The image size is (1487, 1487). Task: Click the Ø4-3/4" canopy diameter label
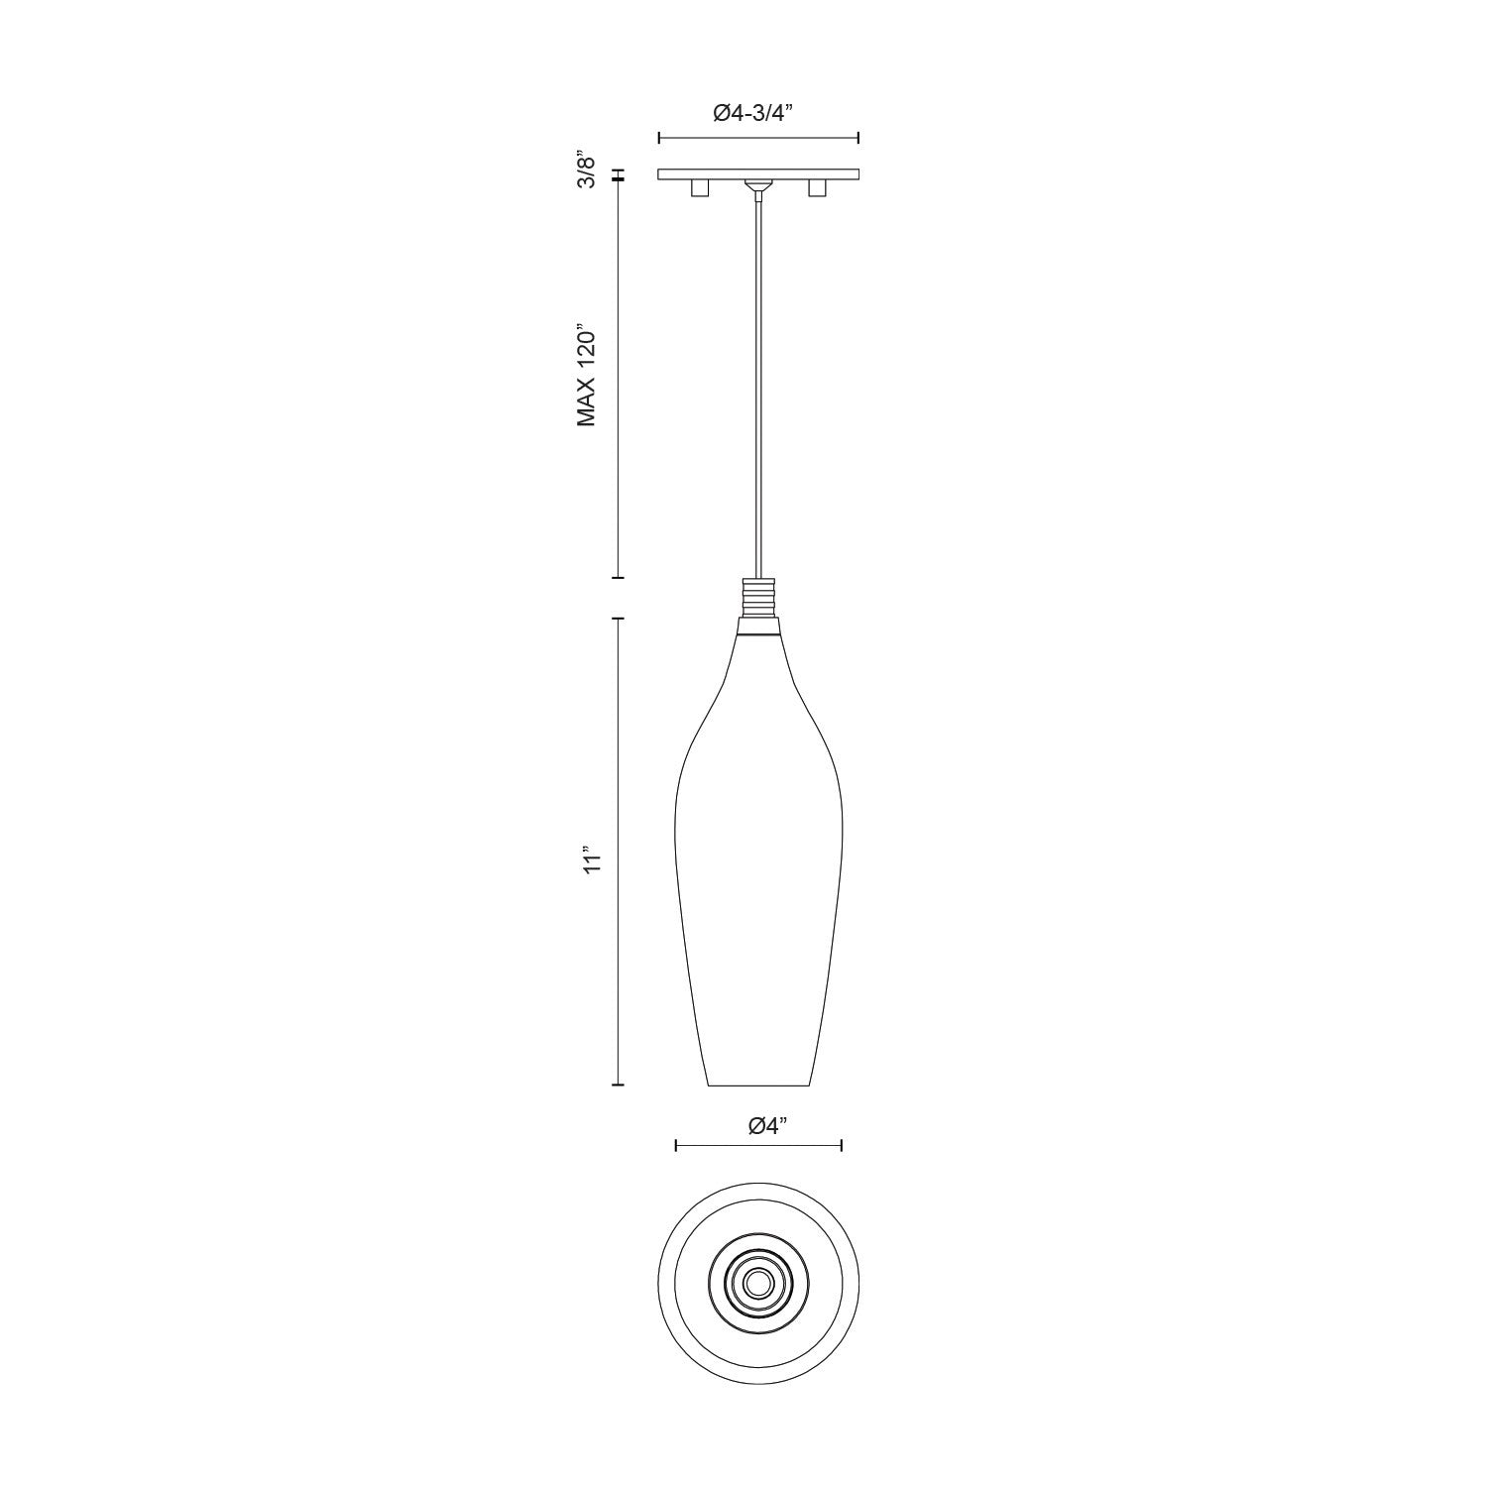point(758,113)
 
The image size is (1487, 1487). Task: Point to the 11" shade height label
point(593,858)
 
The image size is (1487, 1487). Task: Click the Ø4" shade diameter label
point(767,1126)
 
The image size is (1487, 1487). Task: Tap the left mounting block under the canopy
point(699,188)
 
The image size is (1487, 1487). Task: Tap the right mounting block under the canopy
point(818,188)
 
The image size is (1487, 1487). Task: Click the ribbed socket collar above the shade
point(758,598)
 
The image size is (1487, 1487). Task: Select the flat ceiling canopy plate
point(758,174)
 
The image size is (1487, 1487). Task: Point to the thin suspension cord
point(758,397)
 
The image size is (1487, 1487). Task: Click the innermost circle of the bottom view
point(758,1283)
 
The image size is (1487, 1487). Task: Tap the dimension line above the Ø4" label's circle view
point(758,1146)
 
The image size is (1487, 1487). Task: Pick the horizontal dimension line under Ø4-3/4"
point(758,138)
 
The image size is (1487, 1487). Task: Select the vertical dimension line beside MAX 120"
point(620,377)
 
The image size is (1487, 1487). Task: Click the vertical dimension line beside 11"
point(620,853)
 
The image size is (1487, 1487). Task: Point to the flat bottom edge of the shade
point(758,1086)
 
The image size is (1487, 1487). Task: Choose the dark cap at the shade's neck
point(758,627)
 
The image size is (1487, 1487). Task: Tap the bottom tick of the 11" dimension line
point(620,1086)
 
